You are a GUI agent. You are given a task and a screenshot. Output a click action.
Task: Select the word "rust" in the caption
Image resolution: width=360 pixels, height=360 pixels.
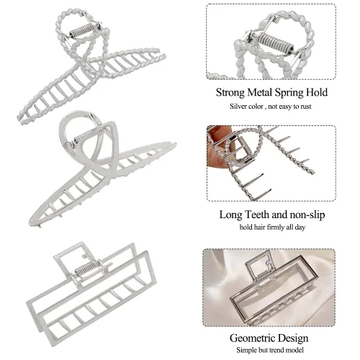coord(305,107)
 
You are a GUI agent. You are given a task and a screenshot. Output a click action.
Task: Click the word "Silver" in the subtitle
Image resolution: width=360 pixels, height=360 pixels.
coord(238,106)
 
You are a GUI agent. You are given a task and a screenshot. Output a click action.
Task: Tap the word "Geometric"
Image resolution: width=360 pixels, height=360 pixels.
coord(253,338)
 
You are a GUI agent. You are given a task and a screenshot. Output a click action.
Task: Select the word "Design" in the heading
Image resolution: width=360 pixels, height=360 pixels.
coord(293,338)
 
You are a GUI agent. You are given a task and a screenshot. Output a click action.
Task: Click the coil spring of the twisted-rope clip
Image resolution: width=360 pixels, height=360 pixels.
coord(81,30)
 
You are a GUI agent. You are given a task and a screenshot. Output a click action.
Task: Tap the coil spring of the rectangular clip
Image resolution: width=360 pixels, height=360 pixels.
coord(86,268)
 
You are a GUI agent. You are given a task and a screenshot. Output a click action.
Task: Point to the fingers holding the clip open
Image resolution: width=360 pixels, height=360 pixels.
coord(217,146)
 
